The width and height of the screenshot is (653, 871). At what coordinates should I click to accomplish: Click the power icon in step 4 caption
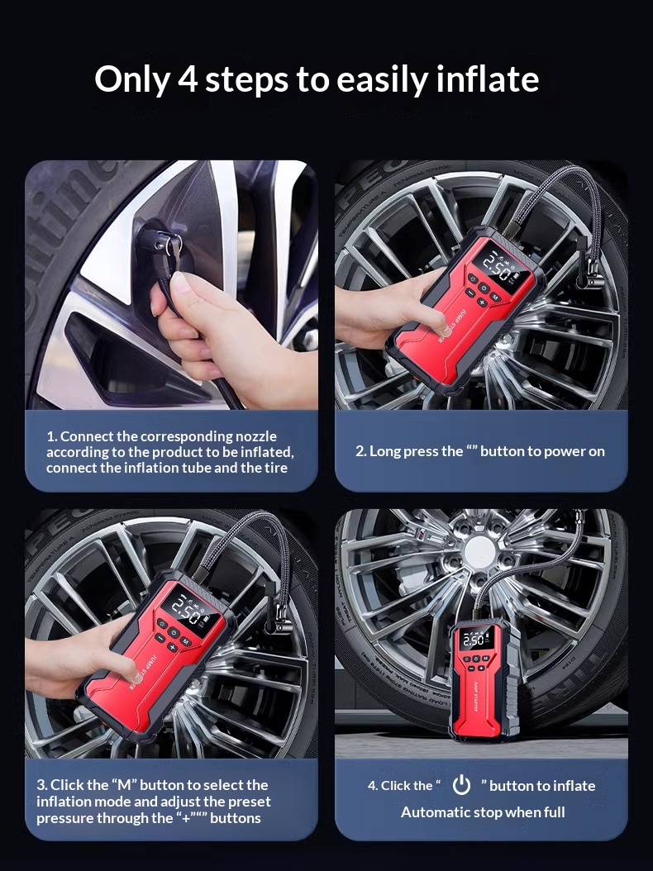[461, 785]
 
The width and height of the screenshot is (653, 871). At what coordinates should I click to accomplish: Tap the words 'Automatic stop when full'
[483, 812]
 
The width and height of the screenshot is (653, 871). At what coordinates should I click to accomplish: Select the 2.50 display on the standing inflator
[474, 640]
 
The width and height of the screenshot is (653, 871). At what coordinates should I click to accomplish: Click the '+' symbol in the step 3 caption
[185, 818]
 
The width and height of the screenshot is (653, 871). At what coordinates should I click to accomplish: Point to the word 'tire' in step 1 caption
[275, 468]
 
